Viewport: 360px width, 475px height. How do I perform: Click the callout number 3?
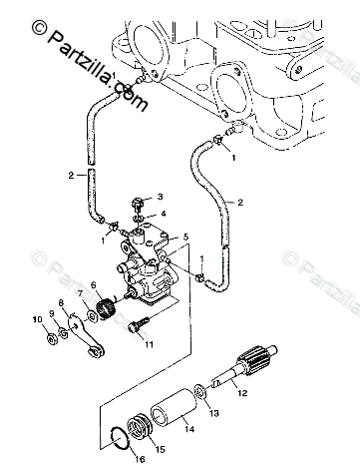pos(161,197)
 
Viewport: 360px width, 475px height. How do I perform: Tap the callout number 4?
pos(164,214)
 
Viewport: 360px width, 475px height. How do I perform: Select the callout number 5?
pos(185,237)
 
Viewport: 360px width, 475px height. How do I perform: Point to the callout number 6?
pos(93,285)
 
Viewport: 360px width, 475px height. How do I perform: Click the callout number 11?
pos(149,344)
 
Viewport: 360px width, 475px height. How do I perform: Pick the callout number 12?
pos(242,393)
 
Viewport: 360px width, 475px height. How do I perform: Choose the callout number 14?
pos(189,429)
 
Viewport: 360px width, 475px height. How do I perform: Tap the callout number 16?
pos(140,459)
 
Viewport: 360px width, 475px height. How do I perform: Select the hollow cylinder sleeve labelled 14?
pos(174,409)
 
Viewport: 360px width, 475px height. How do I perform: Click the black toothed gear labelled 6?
pos(108,308)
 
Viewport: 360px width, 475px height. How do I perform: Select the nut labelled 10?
pos(52,339)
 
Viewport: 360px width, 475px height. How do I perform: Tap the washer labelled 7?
pos(91,315)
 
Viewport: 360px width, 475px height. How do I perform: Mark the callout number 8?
pos(61,303)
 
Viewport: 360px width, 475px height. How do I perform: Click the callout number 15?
pos(161,449)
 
